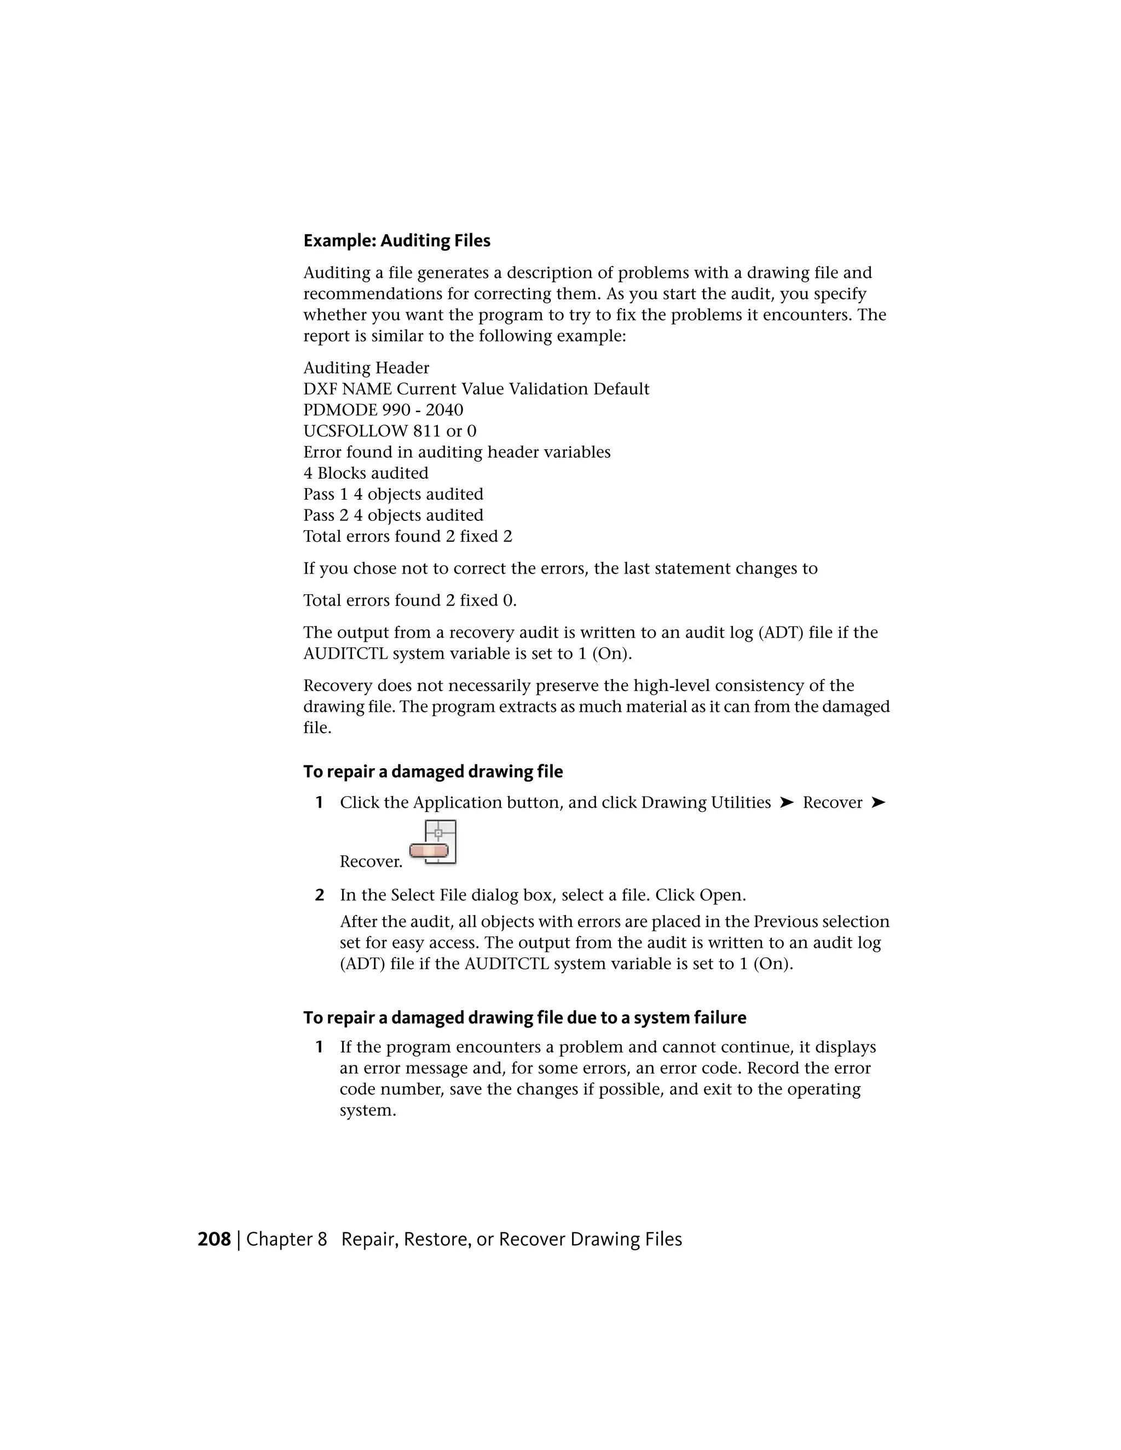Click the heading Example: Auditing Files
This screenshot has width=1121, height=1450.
point(396,240)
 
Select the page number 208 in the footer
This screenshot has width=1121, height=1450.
point(214,1239)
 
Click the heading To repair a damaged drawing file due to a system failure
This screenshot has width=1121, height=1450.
point(524,1018)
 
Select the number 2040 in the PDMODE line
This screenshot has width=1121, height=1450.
point(444,410)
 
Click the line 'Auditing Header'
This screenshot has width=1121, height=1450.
point(366,368)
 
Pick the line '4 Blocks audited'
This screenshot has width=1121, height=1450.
point(366,473)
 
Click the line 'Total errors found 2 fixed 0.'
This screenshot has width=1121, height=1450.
point(410,601)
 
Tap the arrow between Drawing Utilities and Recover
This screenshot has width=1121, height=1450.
point(787,803)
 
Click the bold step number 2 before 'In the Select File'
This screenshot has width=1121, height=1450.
point(320,896)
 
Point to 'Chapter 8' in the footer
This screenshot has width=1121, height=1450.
point(286,1239)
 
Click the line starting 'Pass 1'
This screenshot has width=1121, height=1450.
point(393,495)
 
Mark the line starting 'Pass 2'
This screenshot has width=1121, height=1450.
point(393,516)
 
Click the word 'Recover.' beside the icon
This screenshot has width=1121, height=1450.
point(371,862)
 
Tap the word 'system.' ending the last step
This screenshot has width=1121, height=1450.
point(367,1111)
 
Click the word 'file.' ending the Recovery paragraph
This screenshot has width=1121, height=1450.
point(317,728)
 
